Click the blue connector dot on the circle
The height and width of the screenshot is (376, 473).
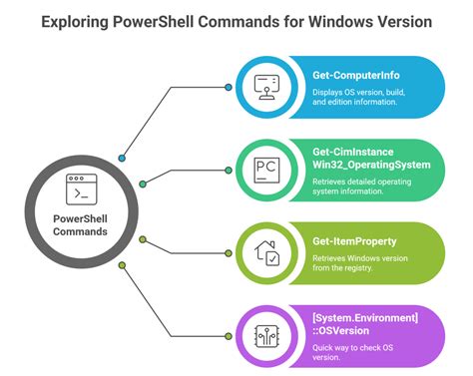(x=123, y=158)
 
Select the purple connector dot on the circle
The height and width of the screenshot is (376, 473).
(x=123, y=265)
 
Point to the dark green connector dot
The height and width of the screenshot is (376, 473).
(x=143, y=184)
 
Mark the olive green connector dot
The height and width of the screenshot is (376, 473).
(x=143, y=239)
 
